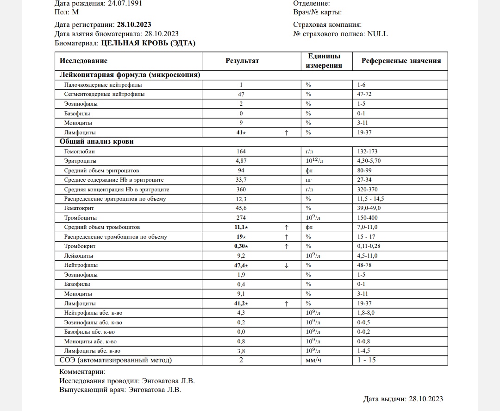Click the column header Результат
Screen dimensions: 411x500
[x=242, y=61]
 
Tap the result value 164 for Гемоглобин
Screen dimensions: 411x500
[x=241, y=152]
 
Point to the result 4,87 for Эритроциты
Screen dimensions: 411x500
[x=241, y=161]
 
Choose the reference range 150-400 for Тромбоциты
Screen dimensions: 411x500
[x=368, y=218]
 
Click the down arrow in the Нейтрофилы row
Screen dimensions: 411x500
[x=287, y=266]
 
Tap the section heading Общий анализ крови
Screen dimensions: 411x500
[x=96, y=142]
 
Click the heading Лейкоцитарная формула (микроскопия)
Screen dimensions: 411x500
[x=130, y=75]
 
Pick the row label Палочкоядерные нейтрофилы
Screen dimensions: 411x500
[x=103, y=85]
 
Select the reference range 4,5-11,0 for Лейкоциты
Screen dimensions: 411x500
[x=368, y=256]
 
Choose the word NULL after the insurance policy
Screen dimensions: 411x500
[x=378, y=34]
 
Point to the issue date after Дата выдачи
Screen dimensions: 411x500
[x=426, y=399]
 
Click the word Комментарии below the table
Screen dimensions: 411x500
[x=82, y=372]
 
